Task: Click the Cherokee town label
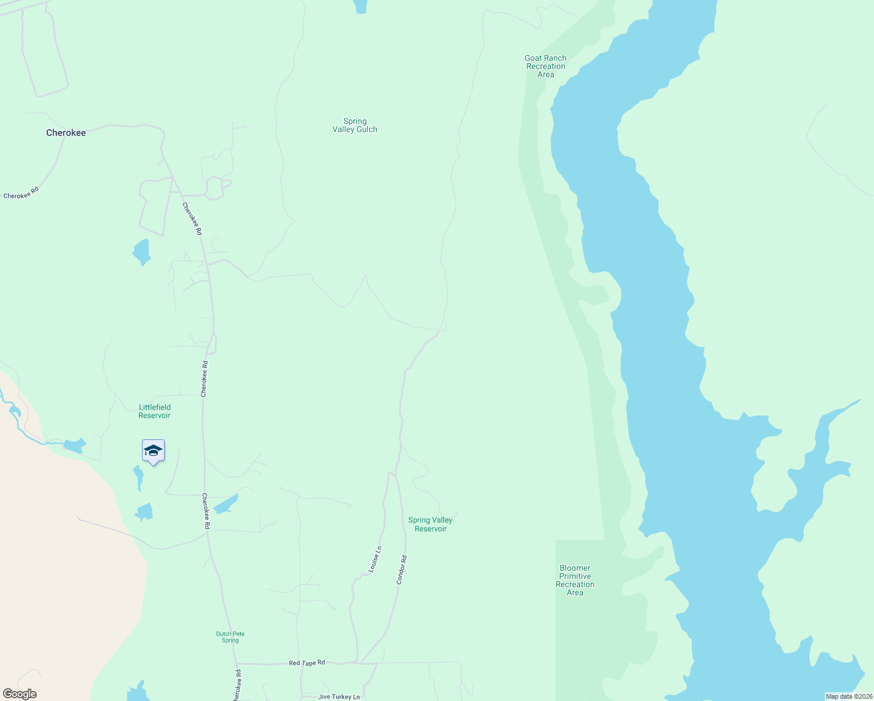66,133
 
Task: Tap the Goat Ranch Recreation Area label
546,66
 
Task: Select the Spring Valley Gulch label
355,126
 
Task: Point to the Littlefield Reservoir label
154,411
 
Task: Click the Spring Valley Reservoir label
431,524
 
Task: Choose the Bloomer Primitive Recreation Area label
575,580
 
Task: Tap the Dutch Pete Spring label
230,637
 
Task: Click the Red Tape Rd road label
307,663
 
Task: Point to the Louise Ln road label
375,559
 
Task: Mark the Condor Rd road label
401,570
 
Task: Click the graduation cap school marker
153,451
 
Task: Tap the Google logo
19,694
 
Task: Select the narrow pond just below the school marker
138,477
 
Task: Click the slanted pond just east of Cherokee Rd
226,504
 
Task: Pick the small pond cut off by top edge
360,6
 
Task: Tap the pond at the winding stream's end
74,446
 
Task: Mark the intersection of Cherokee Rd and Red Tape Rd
237,664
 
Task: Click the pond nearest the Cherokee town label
141,252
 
